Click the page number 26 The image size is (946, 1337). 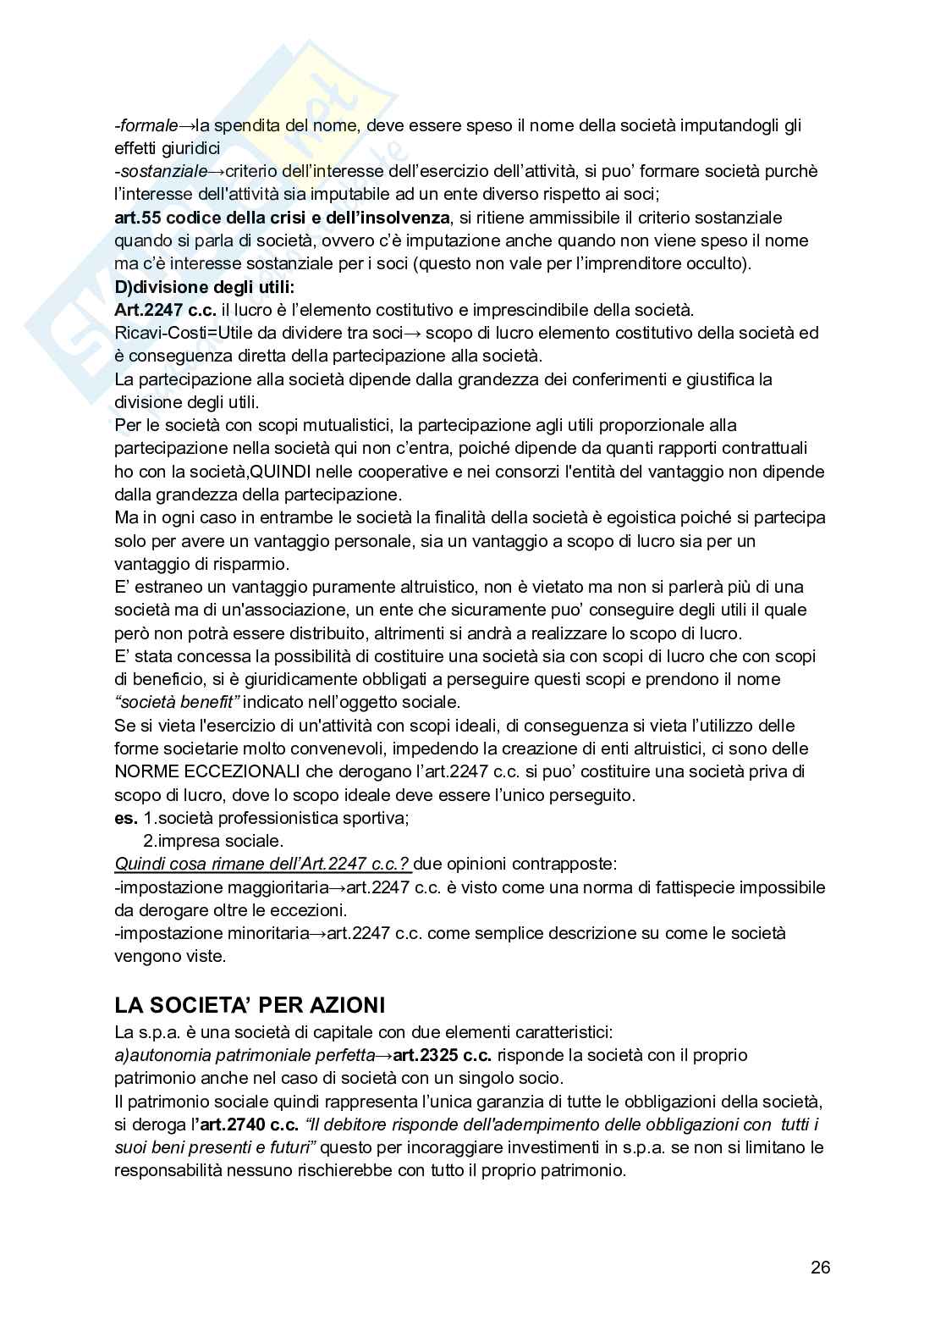[x=820, y=1268]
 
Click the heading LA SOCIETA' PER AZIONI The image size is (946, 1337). [x=250, y=1005]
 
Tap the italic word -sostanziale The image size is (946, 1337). [x=160, y=172]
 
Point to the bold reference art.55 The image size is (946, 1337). [x=138, y=218]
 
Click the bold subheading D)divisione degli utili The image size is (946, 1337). [x=204, y=287]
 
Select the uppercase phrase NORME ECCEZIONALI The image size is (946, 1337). [x=207, y=771]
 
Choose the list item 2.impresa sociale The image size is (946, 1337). [x=212, y=841]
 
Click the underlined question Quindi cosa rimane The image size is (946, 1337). [x=262, y=865]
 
